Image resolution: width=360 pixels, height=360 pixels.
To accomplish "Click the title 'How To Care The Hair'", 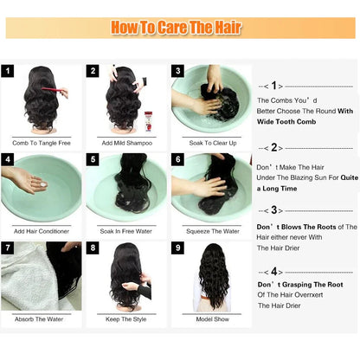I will [x=179, y=28].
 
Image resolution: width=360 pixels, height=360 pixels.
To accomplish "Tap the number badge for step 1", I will [x=9, y=72].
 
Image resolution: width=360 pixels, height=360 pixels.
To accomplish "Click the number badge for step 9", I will [x=178, y=248].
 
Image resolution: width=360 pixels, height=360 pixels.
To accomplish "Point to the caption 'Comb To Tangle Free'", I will [x=41, y=142].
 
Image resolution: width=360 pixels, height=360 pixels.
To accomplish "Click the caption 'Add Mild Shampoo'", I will [x=125, y=142].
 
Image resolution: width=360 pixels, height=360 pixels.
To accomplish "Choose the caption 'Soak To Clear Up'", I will [x=210, y=142].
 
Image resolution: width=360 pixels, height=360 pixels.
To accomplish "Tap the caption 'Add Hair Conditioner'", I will [x=41, y=230].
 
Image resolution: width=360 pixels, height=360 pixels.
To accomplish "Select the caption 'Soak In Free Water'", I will [x=125, y=230].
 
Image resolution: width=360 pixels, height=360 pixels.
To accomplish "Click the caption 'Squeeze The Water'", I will [x=210, y=230].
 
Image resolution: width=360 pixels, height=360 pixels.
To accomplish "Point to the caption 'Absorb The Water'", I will [x=41, y=318].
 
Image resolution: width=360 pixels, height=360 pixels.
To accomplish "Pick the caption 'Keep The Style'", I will [x=125, y=318].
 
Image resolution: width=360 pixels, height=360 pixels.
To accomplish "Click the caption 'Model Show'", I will [x=210, y=318].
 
